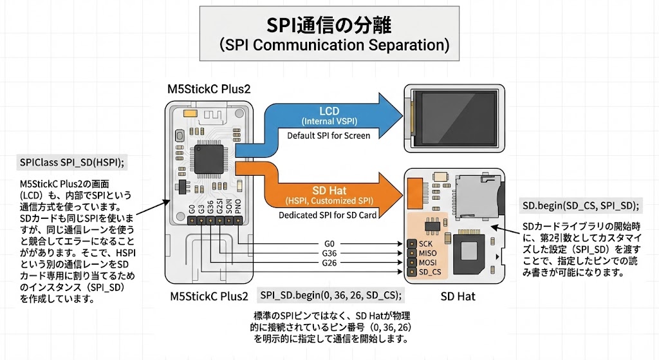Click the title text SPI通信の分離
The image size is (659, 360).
329,25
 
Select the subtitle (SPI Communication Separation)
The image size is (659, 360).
329,46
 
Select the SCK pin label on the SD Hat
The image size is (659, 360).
425,244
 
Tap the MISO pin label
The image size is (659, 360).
428,254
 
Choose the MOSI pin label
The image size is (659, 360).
428,263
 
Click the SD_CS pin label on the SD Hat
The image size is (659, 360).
430,272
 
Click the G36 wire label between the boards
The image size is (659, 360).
329,254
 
